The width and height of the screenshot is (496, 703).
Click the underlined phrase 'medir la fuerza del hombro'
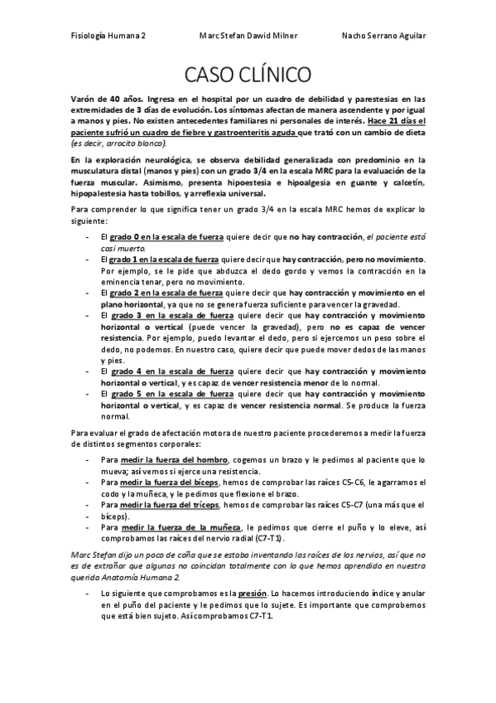pyautogui.click(x=175, y=458)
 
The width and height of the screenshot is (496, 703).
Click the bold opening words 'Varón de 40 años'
pyautogui.click(x=104, y=98)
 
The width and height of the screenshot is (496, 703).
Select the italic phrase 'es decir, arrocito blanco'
pyautogui.click(x=117, y=143)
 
